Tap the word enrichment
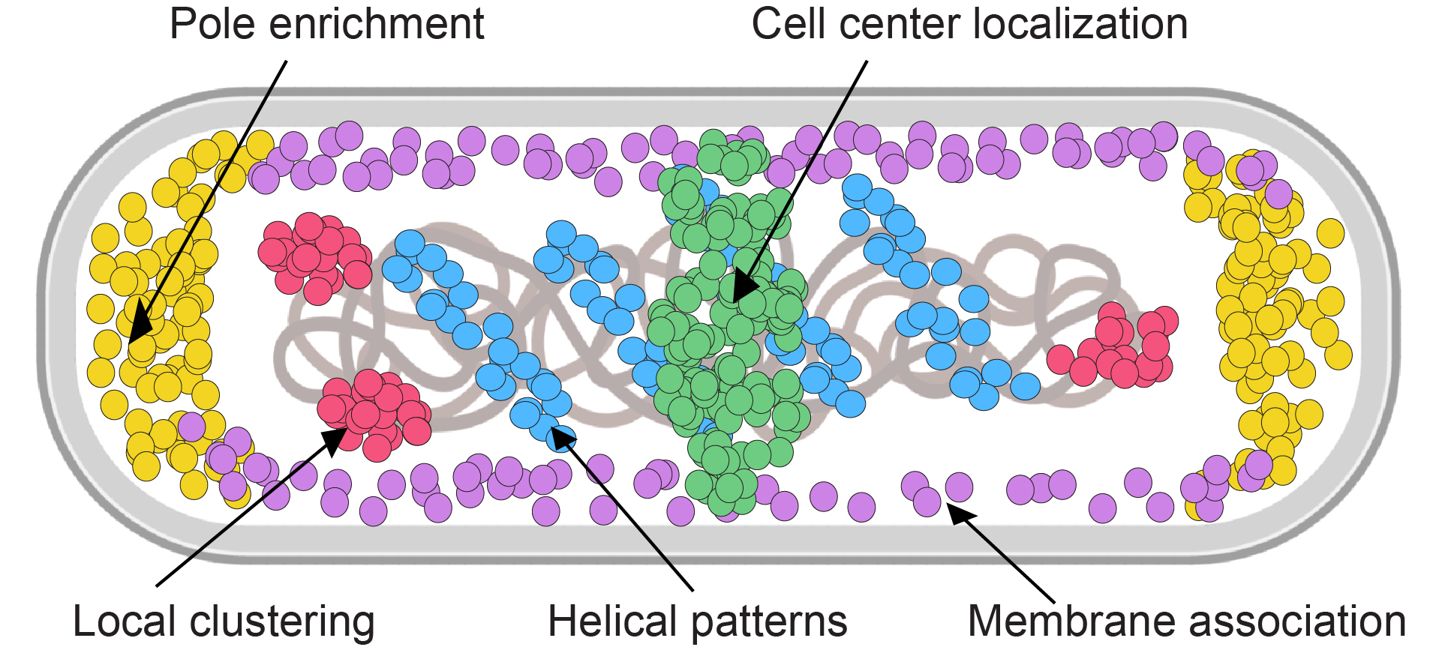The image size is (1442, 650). pyautogui.click(x=376, y=24)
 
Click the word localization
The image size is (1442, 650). pyautogui.click(x=1085, y=24)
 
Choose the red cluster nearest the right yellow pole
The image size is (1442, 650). pyautogui.click(x=1118, y=346)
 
